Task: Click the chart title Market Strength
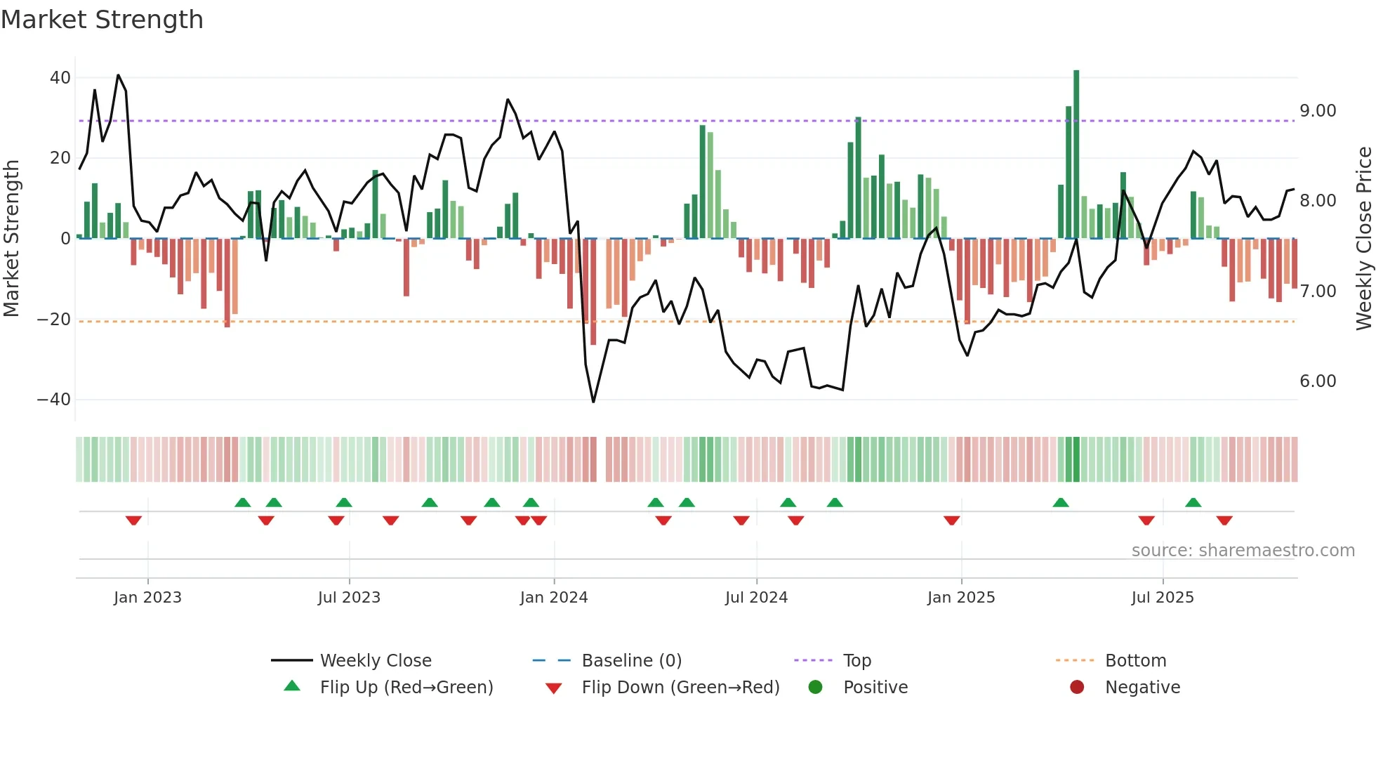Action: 102,20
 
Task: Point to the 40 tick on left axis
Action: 60,78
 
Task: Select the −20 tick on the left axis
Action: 54,320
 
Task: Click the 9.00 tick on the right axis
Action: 1318,111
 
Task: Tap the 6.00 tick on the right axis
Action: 1318,381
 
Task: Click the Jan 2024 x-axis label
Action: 554,598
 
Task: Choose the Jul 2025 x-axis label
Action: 1163,598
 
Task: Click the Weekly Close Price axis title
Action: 1363,239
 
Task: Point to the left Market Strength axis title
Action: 11,239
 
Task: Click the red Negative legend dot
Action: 1077,687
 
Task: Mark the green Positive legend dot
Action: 815,687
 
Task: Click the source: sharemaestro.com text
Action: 1243,551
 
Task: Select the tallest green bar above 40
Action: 1076,155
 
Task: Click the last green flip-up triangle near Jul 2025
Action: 1193,503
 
